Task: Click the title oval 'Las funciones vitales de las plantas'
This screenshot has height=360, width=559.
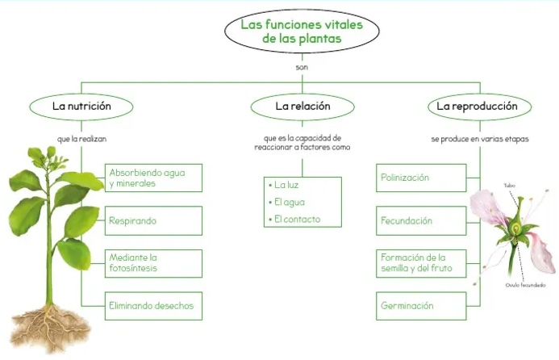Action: point(302,31)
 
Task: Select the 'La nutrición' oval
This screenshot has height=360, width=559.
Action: point(81,106)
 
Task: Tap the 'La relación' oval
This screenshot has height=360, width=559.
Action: point(302,106)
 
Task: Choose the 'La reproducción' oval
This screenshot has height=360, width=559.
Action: point(472,106)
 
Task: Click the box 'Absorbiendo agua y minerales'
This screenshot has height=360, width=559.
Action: point(154,178)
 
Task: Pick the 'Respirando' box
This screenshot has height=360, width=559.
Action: point(154,220)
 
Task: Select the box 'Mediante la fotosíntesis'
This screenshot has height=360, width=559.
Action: point(154,263)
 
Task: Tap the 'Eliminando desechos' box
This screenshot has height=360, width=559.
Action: point(154,306)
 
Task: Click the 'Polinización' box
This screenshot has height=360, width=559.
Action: point(421,178)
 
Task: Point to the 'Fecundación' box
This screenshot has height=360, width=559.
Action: point(421,220)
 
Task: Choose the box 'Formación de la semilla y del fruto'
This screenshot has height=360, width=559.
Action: point(421,263)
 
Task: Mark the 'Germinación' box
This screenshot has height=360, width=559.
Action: point(421,306)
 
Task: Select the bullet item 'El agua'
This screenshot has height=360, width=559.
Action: point(289,202)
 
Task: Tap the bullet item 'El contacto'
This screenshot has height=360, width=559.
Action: point(296,219)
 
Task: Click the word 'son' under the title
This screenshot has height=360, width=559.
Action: point(302,67)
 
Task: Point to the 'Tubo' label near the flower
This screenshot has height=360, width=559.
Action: point(509,186)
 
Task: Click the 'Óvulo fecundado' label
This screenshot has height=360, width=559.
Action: point(525,285)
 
